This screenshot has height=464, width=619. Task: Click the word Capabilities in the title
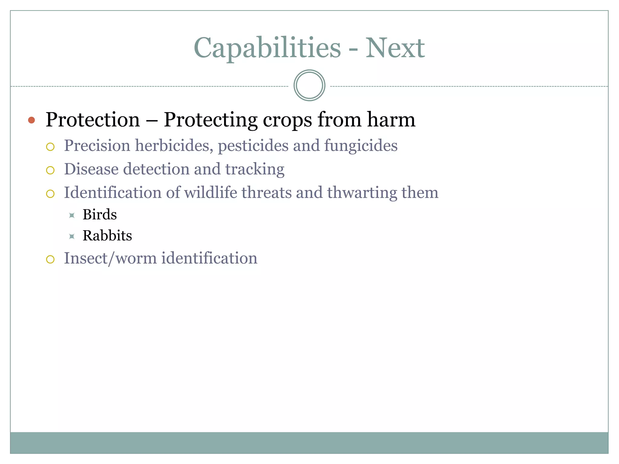pos(267,48)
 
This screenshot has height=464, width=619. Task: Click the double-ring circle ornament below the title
pos(309,85)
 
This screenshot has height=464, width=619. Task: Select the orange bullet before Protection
pos(31,120)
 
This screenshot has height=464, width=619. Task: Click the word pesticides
pos(253,146)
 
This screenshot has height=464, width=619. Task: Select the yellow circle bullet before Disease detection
pos(50,170)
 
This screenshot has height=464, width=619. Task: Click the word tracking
pos(254,169)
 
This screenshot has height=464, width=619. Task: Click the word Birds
pos(99,215)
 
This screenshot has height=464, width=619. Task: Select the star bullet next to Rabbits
pos(72,236)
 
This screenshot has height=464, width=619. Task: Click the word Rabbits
pos(107,236)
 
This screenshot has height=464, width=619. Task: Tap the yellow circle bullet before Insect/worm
pos(50,259)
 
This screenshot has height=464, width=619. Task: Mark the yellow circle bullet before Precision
pos(50,147)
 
